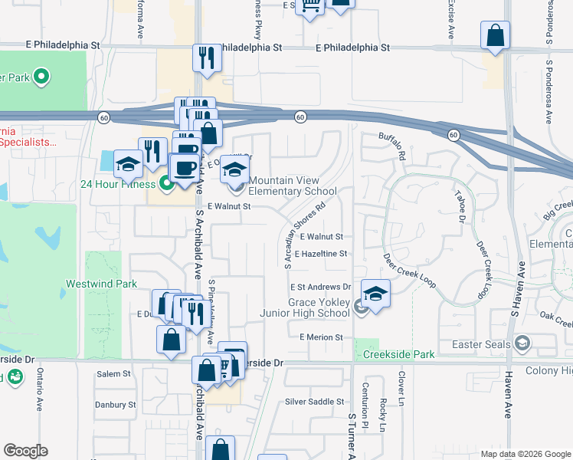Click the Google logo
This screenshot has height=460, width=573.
(25, 451)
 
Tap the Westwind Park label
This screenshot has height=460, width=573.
(112, 284)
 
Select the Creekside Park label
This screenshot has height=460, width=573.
(400, 354)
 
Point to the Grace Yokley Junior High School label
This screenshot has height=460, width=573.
(319, 307)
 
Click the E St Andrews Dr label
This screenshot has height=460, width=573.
(319, 287)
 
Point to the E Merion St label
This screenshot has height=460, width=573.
(320, 337)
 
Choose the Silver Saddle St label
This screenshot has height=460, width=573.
(314, 402)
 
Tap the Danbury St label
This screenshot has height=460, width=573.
(115, 404)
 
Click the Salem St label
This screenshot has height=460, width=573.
(114, 374)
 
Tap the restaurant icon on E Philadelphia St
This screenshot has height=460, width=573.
(205, 58)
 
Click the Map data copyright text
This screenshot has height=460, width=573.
(524, 454)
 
